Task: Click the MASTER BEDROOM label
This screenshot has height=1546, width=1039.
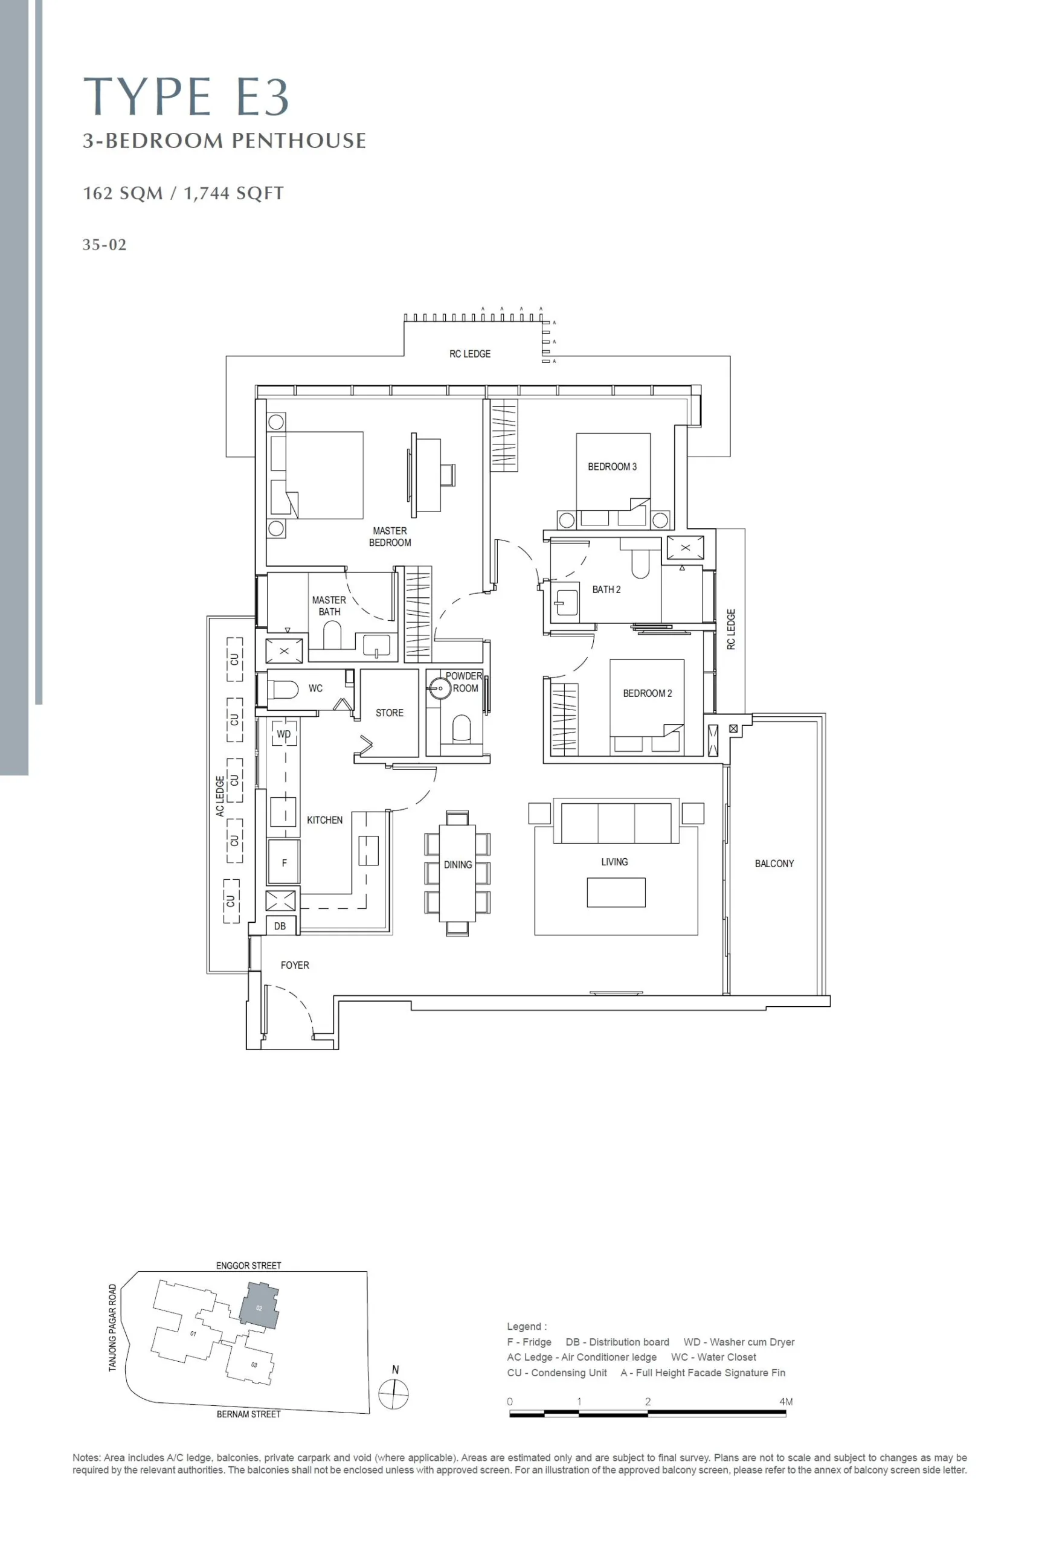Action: click(x=390, y=536)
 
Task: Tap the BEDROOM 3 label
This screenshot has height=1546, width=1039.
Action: click(x=613, y=466)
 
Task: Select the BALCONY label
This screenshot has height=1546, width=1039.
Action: click(x=774, y=863)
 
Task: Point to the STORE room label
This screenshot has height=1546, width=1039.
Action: click(x=390, y=713)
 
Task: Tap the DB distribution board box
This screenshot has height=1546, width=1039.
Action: click(x=280, y=925)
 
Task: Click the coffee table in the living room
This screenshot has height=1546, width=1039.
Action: click(x=616, y=892)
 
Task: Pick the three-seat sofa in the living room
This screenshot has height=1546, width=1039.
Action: click(x=616, y=821)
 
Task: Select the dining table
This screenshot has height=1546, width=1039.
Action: click(x=457, y=873)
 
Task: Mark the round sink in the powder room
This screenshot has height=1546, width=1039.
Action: click(x=439, y=688)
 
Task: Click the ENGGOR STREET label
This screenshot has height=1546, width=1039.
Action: click(x=248, y=1265)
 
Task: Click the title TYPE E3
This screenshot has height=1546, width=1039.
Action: click(x=186, y=97)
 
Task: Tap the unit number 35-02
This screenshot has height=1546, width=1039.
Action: click(x=104, y=245)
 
